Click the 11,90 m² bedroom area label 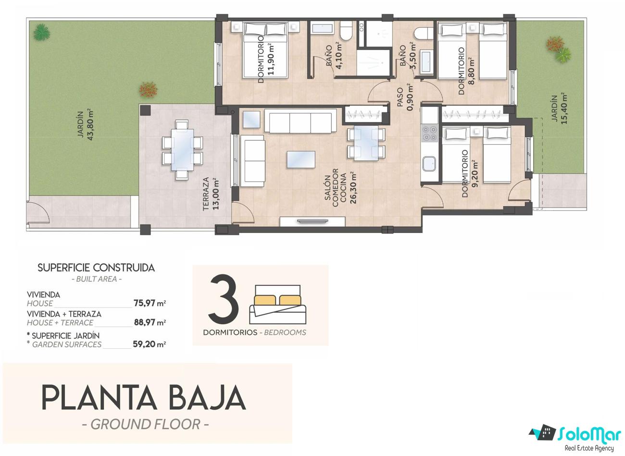click(271, 59)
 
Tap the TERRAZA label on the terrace click(206, 194)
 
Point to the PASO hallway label click(400, 97)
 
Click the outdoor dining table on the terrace click(182, 149)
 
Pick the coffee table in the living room click(301, 159)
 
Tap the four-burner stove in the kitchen click(429, 134)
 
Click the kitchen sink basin click(429, 163)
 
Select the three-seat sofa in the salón click(300, 121)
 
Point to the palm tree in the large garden click(42, 32)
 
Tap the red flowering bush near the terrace click(148, 89)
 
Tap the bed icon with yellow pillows click(277, 305)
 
